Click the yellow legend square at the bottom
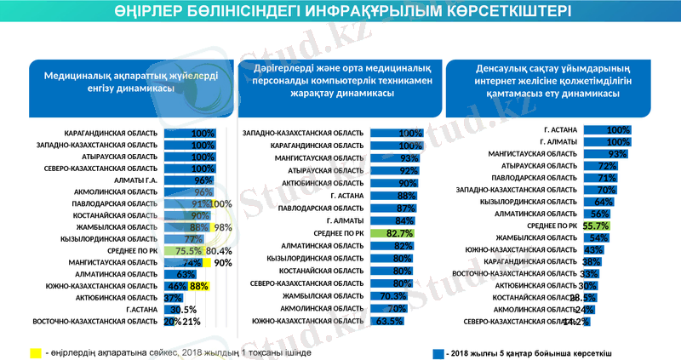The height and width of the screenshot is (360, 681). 36,351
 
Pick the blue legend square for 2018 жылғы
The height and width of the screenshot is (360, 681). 438,351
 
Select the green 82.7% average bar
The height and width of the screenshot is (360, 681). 398,232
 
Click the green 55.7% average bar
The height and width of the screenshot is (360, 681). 596,226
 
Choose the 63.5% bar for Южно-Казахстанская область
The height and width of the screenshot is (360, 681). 386,322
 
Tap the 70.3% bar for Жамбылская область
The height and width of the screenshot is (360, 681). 391,296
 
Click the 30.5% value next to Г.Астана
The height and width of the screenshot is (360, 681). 185,310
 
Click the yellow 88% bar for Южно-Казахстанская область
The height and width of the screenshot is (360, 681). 198,287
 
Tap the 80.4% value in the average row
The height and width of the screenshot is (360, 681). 219,251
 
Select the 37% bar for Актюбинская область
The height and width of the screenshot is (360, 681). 172,299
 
